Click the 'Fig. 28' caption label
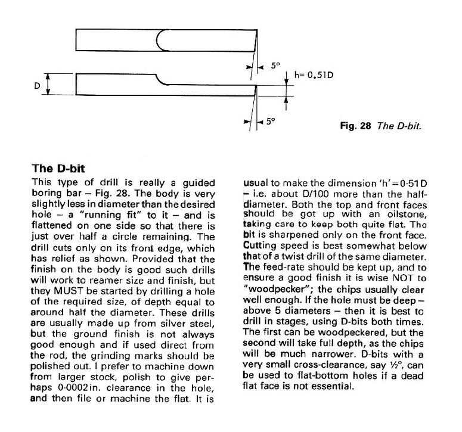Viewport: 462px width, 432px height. [x=349, y=126]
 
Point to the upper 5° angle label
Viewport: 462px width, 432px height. [x=275, y=66]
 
